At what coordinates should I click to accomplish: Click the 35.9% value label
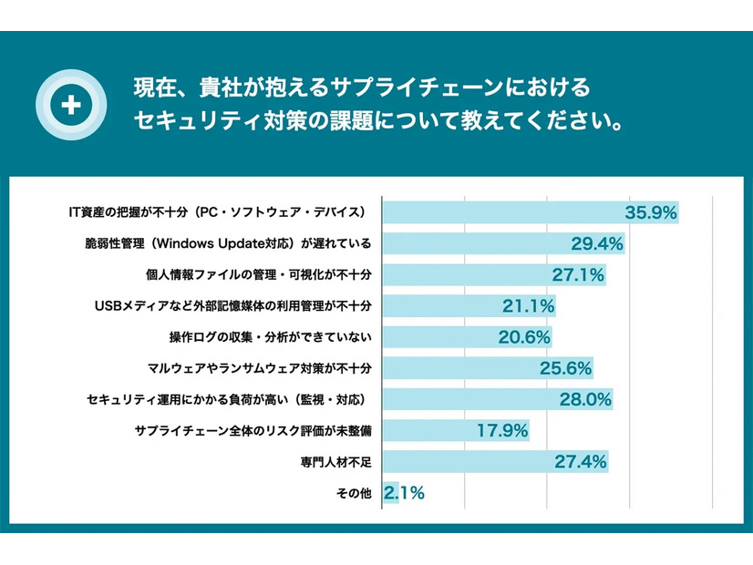pyautogui.click(x=651, y=213)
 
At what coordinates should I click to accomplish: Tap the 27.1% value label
pyautogui.click(x=578, y=275)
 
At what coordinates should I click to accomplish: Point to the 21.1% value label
pyautogui.click(x=529, y=306)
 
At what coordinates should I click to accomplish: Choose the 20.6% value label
pyautogui.click(x=524, y=337)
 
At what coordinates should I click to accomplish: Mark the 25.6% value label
pyautogui.click(x=565, y=368)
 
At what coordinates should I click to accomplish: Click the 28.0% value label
pyautogui.click(x=585, y=399)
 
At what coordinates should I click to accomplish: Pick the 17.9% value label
pyautogui.click(x=502, y=430)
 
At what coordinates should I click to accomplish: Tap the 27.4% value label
pyautogui.click(x=581, y=461)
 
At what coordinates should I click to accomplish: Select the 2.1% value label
pyautogui.click(x=405, y=493)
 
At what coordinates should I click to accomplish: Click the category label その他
pyautogui.click(x=356, y=493)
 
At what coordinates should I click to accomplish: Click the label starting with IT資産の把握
pyautogui.click(x=218, y=213)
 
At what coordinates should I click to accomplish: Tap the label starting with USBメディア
pyautogui.click(x=235, y=306)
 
